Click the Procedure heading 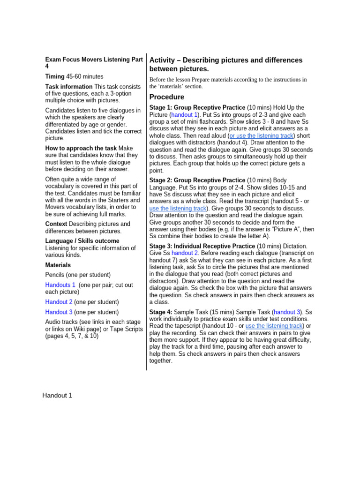[166, 97]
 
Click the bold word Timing [54, 76]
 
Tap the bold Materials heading [58, 265]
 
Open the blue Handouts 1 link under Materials [60, 285]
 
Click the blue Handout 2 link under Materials [59, 302]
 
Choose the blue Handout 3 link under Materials [59, 312]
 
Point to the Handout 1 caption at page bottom [57, 395]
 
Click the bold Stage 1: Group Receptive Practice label [197, 107]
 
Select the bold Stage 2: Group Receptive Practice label [197, 180]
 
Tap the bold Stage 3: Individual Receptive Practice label [202, 246]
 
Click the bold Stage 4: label [160, 312]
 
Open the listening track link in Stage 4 [274, 326]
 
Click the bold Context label [56, 224]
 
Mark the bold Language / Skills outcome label [82, 241]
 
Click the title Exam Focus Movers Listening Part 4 [94, 63]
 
